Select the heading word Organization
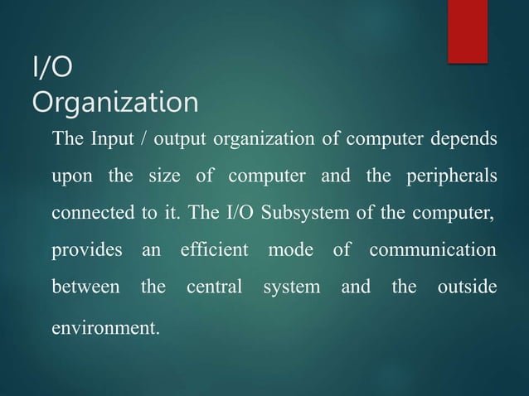click(x=114, y=104)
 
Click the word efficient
click(x=214, y=249)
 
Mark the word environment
click(x=104, y=326)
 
